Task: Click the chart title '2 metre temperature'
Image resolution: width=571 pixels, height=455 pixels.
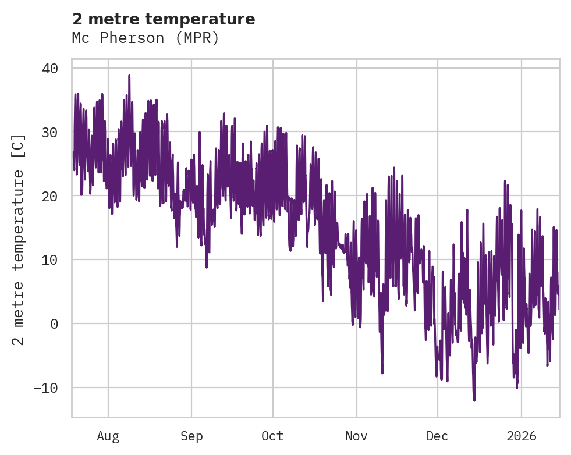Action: point(164,19)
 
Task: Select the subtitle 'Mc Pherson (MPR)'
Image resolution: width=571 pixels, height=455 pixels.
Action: point(146,38)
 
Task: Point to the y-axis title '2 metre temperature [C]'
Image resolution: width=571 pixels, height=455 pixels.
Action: point(19,239)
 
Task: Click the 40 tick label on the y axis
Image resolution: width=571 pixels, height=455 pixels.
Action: point(50,68)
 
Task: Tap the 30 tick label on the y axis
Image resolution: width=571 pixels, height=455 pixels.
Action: point(50,132)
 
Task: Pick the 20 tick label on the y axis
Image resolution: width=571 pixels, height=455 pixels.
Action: point(50,196)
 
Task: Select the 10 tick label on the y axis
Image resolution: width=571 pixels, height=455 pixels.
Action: point(50,260)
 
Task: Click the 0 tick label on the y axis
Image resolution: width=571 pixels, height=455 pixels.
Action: point(54,324)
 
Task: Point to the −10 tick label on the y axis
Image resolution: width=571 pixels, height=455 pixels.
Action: point(46,388)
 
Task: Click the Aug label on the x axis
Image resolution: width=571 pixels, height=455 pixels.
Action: point(108,436)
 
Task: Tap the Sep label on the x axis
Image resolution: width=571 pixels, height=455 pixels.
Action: point(191,436)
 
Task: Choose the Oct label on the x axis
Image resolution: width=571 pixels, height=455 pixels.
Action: point(272,436)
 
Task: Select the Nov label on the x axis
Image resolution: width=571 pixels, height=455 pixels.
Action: point(356,436)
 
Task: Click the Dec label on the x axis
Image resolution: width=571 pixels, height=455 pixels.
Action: point(438,436)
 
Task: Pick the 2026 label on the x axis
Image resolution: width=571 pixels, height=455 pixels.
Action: point(522,436)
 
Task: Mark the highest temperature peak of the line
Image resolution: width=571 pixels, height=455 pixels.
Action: point(129,75)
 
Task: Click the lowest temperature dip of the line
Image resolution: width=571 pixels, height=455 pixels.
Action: point(474,400)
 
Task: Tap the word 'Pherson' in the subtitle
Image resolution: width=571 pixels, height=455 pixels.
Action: point(132,38)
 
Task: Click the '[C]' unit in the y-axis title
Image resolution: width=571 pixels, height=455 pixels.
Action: point(19,145)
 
